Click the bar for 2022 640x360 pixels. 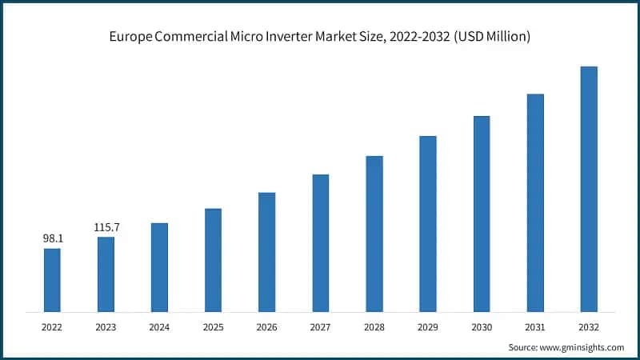52,279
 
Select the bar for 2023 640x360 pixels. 106,274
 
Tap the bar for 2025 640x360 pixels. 213,259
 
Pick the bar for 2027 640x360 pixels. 320,242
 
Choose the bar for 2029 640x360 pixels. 427,223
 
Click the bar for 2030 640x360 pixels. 481,214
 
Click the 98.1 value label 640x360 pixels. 52,238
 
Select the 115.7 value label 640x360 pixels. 106,227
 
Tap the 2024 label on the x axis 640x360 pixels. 159,326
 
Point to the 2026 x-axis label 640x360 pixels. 266,326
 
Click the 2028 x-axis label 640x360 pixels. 374,326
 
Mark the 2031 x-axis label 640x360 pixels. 535,326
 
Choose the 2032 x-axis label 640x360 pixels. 589,326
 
